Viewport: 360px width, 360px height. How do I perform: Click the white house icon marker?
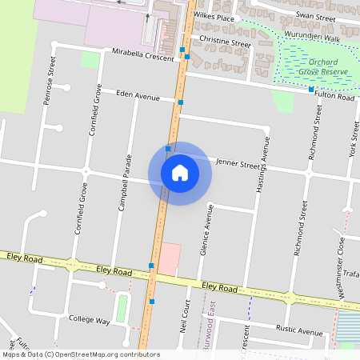(180, 173)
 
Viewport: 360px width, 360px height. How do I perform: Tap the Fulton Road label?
(335, 96)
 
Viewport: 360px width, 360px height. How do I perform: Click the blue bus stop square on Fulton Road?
(311, 90)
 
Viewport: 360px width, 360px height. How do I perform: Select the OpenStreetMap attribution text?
(81, 354)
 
